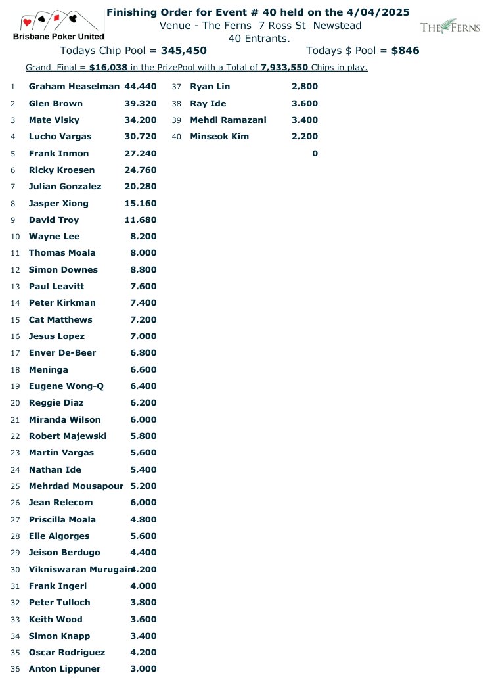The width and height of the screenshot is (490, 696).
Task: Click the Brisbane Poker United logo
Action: tap(58, 26)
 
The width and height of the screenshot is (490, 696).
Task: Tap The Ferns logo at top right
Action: tap(450, 27)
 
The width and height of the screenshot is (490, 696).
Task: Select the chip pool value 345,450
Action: tap(183, 51)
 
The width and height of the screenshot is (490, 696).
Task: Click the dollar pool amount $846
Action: tap(405, 51)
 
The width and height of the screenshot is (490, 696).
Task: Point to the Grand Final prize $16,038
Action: tap(108, 68)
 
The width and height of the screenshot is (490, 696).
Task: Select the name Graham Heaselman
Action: tap(74, 87)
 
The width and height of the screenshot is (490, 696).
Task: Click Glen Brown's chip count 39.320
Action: tap(141, 103)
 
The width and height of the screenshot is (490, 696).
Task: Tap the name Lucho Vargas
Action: tap(60, 137)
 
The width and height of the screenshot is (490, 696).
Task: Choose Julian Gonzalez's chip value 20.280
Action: tap(141, 187)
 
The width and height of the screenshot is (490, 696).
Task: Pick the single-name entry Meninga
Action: tap(49, 370)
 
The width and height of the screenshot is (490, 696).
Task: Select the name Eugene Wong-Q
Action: tap(66, 386)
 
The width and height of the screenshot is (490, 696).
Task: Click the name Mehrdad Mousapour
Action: tap(76, 486)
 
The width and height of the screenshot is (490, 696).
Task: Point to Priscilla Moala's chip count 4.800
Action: tap(143, 519)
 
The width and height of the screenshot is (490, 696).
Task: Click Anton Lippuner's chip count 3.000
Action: tap(143, 669)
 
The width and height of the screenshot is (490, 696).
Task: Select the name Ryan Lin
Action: tap(210, 87)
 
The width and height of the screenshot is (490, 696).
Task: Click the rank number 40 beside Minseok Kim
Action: tap(177, 137)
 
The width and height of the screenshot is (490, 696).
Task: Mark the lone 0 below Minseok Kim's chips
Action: tap(315, 154)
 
